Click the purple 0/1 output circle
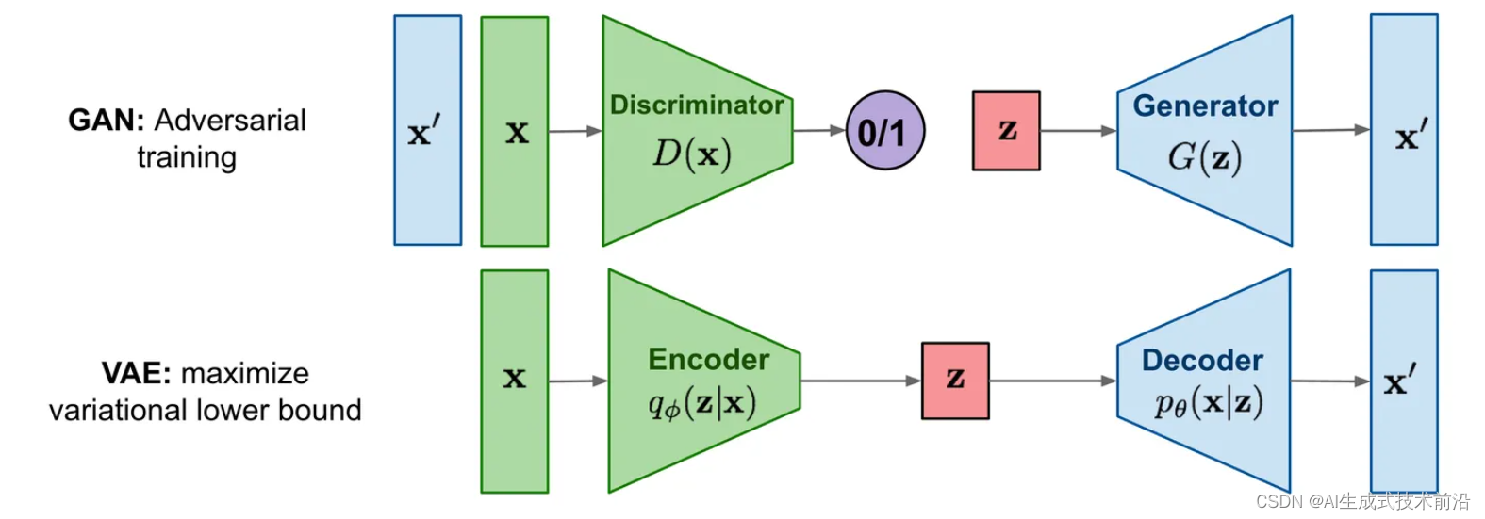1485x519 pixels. pyautogui.click(x=884, y=131)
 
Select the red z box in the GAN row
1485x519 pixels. pyautogui.click(x=1006, y=131)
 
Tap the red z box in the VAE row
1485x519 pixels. pyautogui.click(x=955, y=381)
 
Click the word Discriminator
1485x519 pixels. pyautogui.click(x=697, y=105)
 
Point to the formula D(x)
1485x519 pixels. pyautogui.click(x=692, y=154)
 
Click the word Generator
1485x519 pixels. pyautogui.click(x=1205, y=105)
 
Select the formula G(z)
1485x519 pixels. pyautogui.click(x=1204, y=157)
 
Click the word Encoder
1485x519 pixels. pyautogui.click(x=708, y=360)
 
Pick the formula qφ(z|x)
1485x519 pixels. pyautogui.click(x=701, y=404)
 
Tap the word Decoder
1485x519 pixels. pyautogui.click(x=1202, y=360)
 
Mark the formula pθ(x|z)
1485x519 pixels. pyautogui.click(x=1208, y=404)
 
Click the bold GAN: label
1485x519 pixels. pyautogui.click(x=106, y=121)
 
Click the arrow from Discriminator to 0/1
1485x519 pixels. pyautogui.click(x=818, y=131)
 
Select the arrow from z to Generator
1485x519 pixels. pyautogui.click(x=1079, y=131)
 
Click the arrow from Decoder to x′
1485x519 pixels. pyautogui.click(x=1329, y=381)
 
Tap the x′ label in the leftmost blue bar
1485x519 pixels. pyautogui.click(x=424, y=133)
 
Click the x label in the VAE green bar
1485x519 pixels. pyautogui.click(x=514, y=379)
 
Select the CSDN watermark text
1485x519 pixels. pyautogui.click(x=1362, y=501)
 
